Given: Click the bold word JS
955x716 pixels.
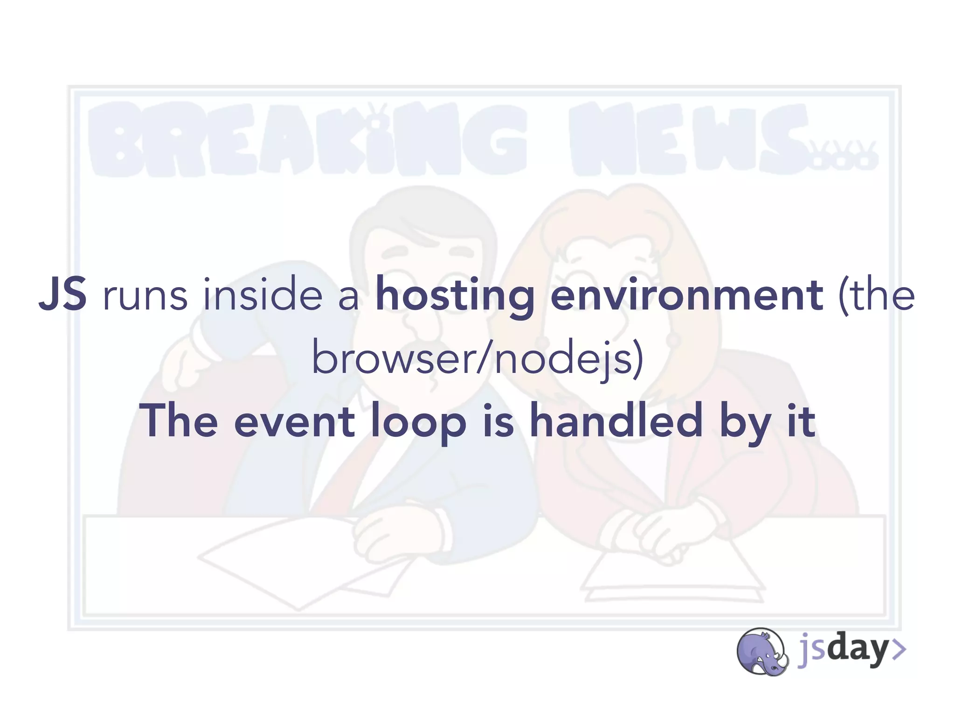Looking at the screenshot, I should pos(62,294).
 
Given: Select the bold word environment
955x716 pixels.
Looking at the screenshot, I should pos(686,295).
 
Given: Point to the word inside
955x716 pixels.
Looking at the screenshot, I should pos(263,294).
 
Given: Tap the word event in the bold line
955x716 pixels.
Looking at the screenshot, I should pos(294,421).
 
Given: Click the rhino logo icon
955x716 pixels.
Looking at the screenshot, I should pos(761,651).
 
